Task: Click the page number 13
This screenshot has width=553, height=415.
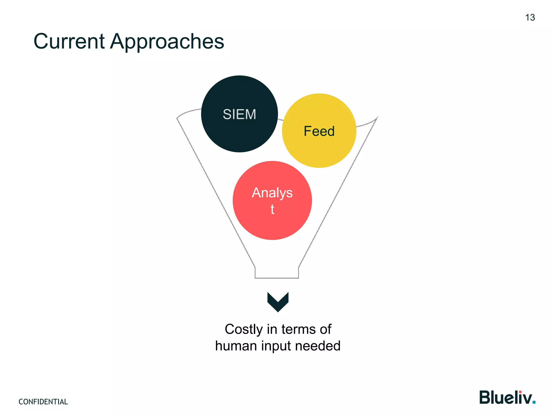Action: coord(530,18)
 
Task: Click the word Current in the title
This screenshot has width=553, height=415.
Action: coord(69,41)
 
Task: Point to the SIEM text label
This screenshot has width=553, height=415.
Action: coord(239,114)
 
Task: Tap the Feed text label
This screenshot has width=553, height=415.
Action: coord(319,131)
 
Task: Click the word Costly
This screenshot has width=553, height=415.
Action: coord(244,329)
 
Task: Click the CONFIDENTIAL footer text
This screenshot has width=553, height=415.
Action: coord(43,402)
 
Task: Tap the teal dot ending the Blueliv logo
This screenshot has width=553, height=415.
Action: coord(534,402)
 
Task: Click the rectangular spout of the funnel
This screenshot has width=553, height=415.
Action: coord(277,272)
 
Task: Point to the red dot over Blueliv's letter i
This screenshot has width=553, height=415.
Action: coord(520,392)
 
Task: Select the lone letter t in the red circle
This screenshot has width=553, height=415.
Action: coord(272,209)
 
